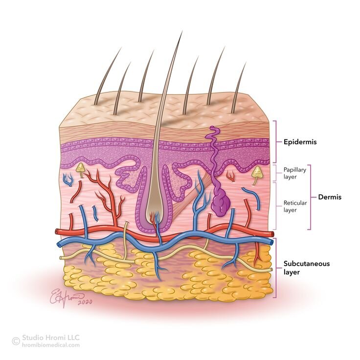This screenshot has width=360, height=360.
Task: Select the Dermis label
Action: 330,197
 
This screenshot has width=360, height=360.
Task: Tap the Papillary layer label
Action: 295,173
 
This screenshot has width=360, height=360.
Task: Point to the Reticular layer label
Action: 295,206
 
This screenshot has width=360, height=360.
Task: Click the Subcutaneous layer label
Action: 307,268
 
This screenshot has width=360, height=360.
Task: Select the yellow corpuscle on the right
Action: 257,173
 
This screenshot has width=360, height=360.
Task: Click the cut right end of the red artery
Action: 272,234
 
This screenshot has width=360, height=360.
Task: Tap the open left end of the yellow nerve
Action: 61,258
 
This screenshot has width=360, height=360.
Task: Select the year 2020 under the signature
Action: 85,302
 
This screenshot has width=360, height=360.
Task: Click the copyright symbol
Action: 16,341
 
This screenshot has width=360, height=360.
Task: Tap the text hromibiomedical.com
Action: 51,345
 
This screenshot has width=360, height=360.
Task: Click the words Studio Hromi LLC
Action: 51,337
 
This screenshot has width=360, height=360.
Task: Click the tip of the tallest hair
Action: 182,31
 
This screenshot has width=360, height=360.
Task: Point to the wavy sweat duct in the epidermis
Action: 214,145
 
